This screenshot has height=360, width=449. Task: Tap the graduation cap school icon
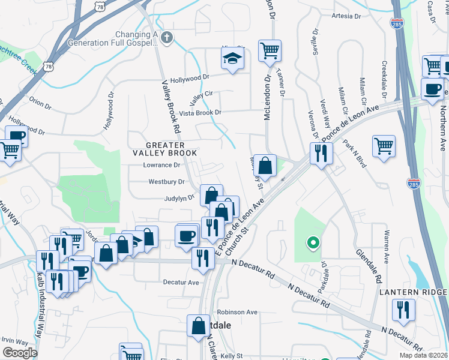tap(231, 59)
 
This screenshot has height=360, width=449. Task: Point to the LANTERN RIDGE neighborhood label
tap(414, 292)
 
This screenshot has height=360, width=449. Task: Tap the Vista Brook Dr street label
tap(200, 113)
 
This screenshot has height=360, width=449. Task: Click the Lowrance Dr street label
tap(161, 165)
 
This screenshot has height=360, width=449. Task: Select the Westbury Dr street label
tap(165, 181)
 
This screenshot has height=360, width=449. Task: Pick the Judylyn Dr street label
tap(179, 197)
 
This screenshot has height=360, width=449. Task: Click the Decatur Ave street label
tap(181, 282)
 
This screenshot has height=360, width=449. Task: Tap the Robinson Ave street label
tap(237, 312)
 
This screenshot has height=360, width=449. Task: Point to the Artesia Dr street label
tap(347, 16)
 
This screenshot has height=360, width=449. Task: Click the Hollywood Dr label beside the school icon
tap(189, 77)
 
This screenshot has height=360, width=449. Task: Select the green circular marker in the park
tap(312, 243)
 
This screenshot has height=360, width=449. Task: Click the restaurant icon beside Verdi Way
tap(321, 153)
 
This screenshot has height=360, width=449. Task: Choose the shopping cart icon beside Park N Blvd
tap(384, 146)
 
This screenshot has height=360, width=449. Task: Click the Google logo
tap(19, 353)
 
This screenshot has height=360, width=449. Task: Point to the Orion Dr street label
tap(41, 104)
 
